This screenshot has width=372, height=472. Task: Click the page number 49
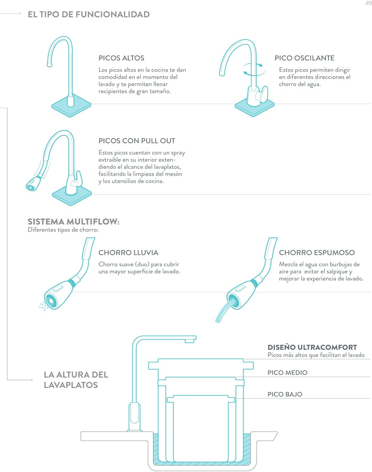point(368,3)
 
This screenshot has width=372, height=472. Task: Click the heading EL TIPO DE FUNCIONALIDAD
point(89,15)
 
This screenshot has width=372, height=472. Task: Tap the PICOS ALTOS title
point(121,58)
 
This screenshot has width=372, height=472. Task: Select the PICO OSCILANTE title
point(304,58)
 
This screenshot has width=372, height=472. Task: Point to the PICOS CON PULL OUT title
point(137,141)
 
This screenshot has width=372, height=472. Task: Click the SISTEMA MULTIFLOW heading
point(74,221)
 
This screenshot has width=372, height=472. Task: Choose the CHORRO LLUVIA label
point(128,252)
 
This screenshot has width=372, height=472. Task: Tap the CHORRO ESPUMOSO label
point(317,252)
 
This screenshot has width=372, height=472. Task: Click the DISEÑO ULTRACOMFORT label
point(312,347)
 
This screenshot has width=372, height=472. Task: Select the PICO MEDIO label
point(287,372)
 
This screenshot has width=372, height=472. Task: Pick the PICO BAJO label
point(285,394)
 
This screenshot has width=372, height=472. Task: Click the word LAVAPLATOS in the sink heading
point(71,385)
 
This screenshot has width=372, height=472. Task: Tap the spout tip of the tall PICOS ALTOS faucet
point(49,64)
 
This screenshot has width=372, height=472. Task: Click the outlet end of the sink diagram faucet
point(190,341)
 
